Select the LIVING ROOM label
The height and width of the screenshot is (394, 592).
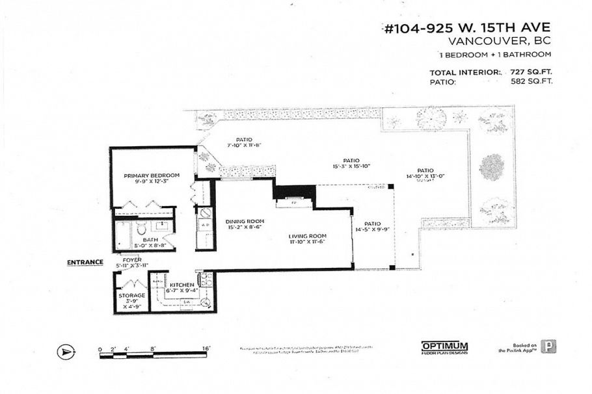[x=308, y=236]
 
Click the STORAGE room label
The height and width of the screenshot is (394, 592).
[x=131, y=295]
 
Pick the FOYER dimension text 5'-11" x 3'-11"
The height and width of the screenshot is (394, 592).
[x=132, y=266]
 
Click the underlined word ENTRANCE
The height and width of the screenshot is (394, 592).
[x=85, y=263]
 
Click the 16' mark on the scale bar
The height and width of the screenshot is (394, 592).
[x=206, y=349]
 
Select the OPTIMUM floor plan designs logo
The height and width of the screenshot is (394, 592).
[x=444, y=347]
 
